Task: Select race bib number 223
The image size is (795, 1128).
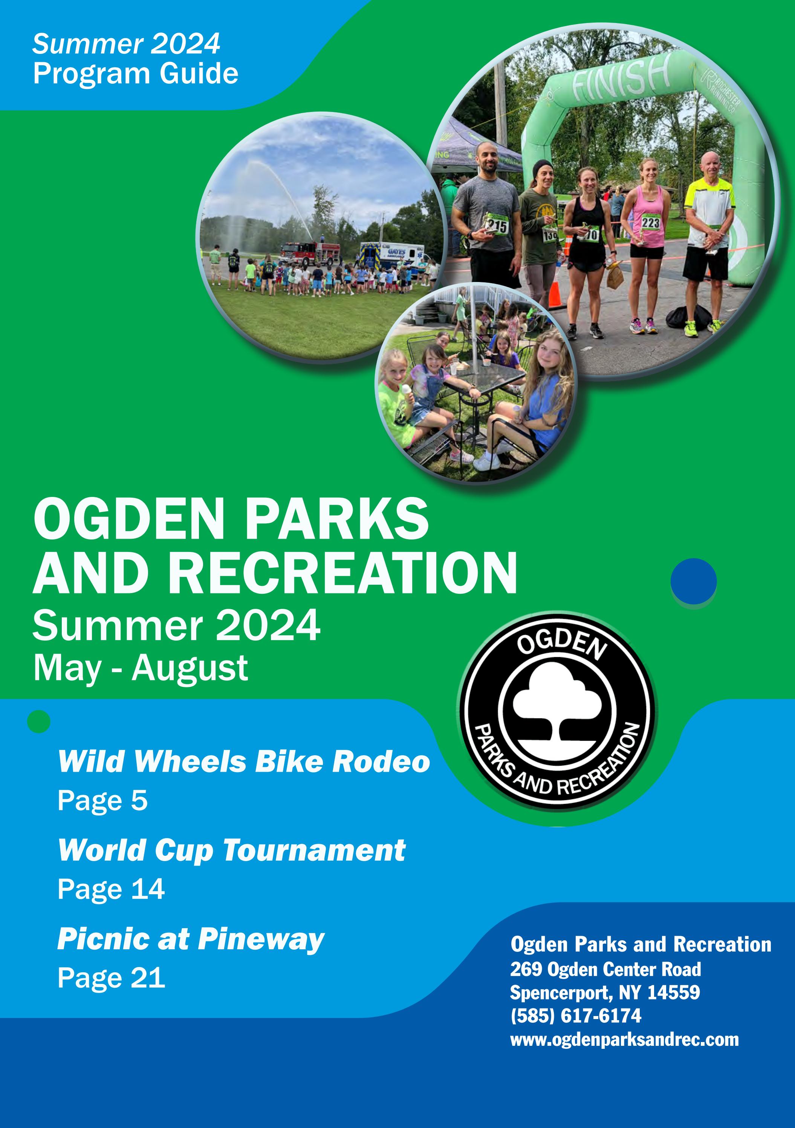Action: [x=650, y=222]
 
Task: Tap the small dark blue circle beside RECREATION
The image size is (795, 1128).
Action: [x=693, y=581]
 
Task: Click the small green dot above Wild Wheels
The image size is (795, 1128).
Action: [x=39, y=721]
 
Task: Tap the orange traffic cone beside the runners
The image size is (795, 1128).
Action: [x=554, y=293]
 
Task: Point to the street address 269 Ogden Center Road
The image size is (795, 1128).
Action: [x=605, y=969]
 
